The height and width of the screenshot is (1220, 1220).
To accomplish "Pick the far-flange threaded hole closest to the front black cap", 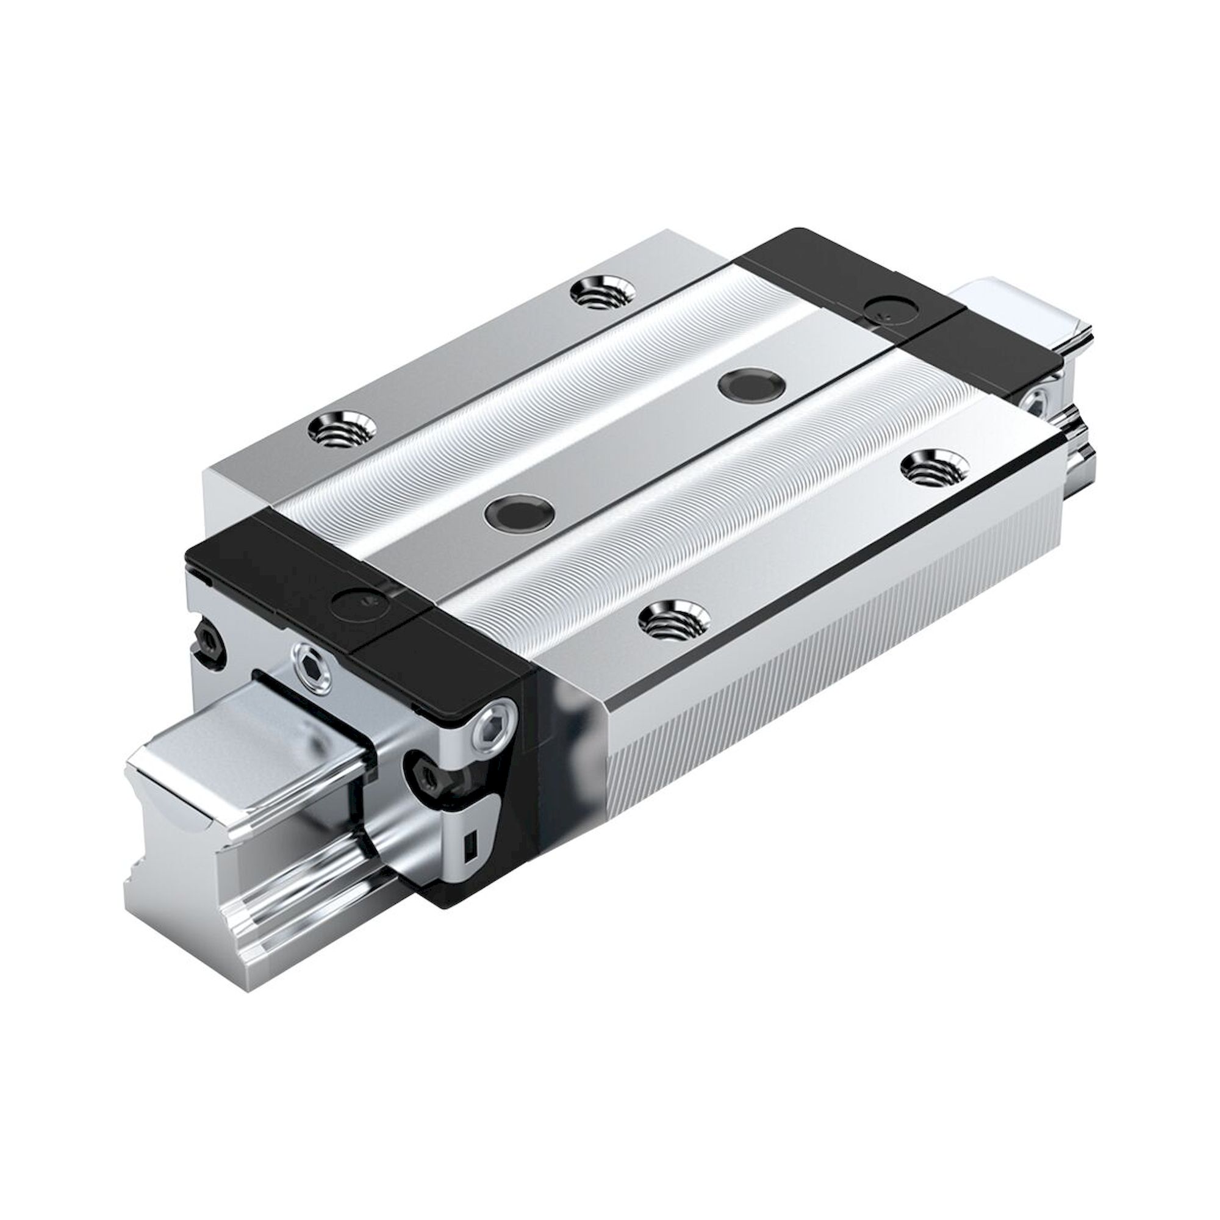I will click(x=341, y=431).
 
